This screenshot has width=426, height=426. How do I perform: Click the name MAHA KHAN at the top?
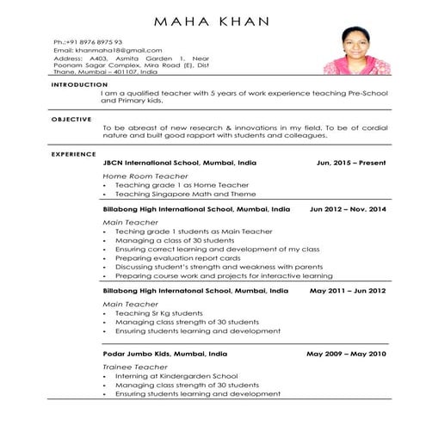click(x=213, y=21)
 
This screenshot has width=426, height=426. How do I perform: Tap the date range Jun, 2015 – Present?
click(x=351, y=162)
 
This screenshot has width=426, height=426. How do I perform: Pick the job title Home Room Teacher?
click(x=145, y=176)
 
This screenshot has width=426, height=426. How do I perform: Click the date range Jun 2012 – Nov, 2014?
click(x=348, y=209)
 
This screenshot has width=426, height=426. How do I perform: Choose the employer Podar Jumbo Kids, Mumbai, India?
click(x=165, y=354)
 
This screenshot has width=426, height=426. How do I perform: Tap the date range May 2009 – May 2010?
click(x=347, y=354)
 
